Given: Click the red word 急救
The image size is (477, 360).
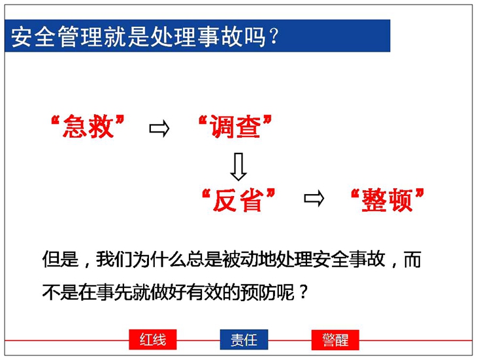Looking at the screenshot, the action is [88, 127].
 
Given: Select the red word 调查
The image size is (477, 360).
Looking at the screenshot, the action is [235, 127].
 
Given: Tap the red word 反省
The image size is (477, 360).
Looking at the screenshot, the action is [238, 200].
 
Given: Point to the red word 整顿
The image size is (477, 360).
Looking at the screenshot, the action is [387, 200].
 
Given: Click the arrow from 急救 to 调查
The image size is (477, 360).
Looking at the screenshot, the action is [159, 129].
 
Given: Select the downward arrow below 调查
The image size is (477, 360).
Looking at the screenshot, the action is [238, 167].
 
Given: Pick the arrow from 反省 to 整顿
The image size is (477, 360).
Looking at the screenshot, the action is [314, 199].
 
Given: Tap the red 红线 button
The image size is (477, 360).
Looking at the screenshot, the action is [153, 340].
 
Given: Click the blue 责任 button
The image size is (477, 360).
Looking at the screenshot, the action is [244, 340].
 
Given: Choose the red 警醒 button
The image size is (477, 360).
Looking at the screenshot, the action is [335, 340].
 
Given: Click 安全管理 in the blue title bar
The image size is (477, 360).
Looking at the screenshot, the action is [57, 37].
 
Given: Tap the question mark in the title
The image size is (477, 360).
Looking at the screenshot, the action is [274, 37].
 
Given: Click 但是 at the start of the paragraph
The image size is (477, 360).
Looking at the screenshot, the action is [61, 259].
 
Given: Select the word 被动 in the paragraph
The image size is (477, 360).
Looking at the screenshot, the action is [240, 259].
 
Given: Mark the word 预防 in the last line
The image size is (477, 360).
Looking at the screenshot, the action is [258, 293].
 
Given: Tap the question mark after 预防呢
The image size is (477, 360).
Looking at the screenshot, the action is [303, 293].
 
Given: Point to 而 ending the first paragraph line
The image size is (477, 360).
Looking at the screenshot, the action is [412, 259].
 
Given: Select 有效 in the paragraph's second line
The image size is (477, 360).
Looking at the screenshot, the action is [204, 293].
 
